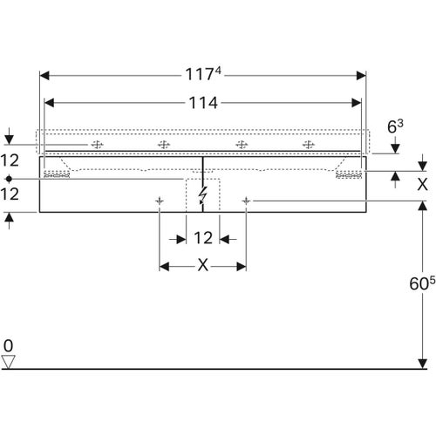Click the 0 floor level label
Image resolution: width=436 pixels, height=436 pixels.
[9, 344]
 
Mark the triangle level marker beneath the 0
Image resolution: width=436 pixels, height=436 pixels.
[10, 361]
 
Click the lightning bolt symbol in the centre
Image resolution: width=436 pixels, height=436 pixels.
[203, 195]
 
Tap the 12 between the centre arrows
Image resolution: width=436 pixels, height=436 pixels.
[203, 237]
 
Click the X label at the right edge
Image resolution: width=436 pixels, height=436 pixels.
[423, 184]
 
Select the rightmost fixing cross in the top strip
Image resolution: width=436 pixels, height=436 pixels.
[307, 145]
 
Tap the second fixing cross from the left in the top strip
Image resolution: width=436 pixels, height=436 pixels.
[162, 145]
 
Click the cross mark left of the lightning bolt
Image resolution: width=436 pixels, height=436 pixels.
[159, 201]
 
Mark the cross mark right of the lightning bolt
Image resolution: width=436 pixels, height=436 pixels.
[247, 201]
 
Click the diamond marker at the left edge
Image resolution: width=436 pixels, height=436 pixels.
[9, 179]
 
